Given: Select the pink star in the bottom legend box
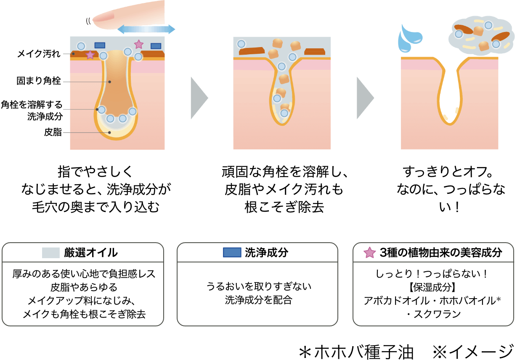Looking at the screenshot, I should click(369, 253).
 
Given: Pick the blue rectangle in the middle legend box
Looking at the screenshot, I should click(232, 252).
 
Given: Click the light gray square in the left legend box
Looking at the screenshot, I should click(51, 253).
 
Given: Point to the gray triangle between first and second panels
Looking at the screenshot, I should click(198, 98).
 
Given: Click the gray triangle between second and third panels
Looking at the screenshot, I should click(364, 98).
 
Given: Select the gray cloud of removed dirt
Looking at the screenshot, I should click(481, 35).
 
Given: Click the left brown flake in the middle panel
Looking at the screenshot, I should click(252, 51).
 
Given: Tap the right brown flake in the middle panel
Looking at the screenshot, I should click(315, 52).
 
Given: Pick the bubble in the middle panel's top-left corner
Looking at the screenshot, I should click(241, 44).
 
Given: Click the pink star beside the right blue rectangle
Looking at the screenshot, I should click(139, 44).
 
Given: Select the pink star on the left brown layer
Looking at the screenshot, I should click(90, 55).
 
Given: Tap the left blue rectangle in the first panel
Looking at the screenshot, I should click(100, 45).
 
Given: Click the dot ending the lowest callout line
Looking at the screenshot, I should click(109, 132).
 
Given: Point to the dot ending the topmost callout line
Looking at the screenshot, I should click(73, 54).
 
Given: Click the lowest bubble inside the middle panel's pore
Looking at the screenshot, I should click(284, 113).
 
